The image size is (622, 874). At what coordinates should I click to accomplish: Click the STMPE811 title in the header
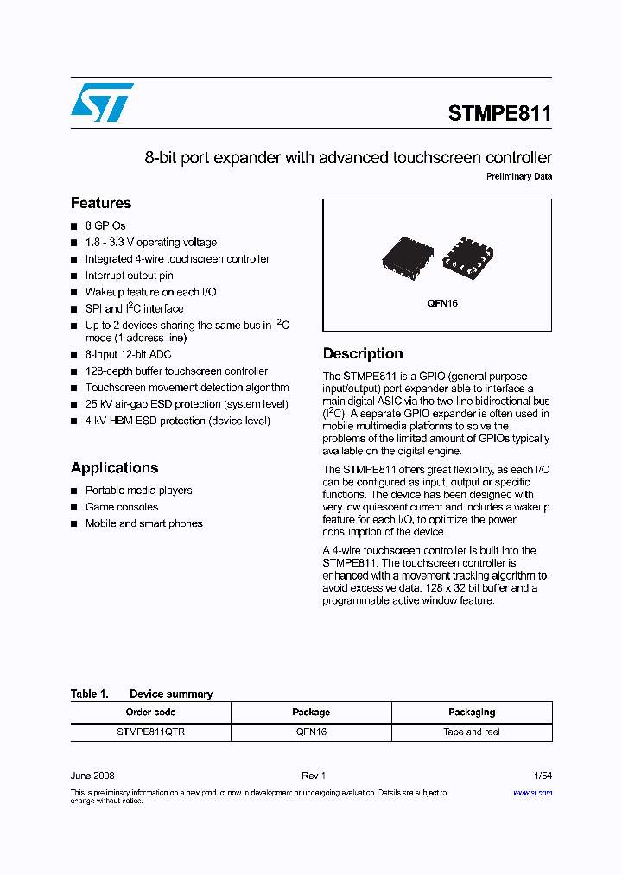499,114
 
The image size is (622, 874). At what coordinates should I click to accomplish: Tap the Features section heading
101,204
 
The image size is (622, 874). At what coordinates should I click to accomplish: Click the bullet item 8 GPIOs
105,226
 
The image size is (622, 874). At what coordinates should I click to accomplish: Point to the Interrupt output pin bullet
129,275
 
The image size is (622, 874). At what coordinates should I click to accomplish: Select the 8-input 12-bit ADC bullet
128,355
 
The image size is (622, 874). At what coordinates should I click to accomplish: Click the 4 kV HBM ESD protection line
177,421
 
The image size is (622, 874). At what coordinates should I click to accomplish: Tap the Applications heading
114,468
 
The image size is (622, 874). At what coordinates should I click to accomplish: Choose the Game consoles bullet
122,507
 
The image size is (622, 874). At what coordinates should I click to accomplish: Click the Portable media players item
138,491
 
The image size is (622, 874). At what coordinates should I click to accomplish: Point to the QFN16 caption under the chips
441,304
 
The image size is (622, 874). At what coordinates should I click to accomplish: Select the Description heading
363,354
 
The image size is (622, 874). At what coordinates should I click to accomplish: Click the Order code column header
150,712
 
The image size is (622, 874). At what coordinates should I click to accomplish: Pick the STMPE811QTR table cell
150,731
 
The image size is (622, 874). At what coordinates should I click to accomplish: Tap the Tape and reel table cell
472,731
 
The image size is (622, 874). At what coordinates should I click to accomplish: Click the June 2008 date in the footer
92,776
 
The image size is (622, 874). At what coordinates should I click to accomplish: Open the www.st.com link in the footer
532,792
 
